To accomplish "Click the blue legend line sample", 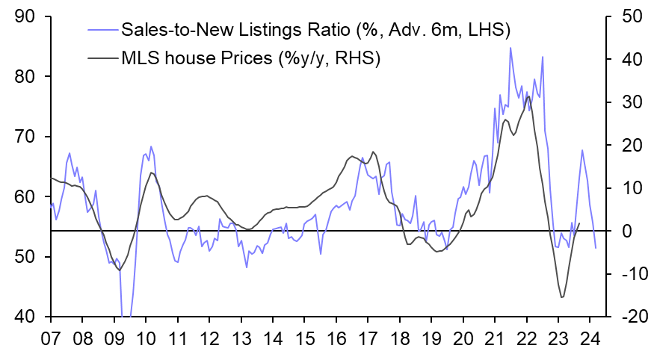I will (102, 30).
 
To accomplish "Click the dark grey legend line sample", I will (102, 58).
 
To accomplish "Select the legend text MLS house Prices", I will (195, 58).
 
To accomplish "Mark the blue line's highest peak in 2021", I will (510, 48).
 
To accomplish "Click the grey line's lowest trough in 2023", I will (561, 297).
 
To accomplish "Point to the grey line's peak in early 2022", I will (528, 96).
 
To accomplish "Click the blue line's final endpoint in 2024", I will (596, 248).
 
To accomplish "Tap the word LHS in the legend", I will (487, 30).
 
